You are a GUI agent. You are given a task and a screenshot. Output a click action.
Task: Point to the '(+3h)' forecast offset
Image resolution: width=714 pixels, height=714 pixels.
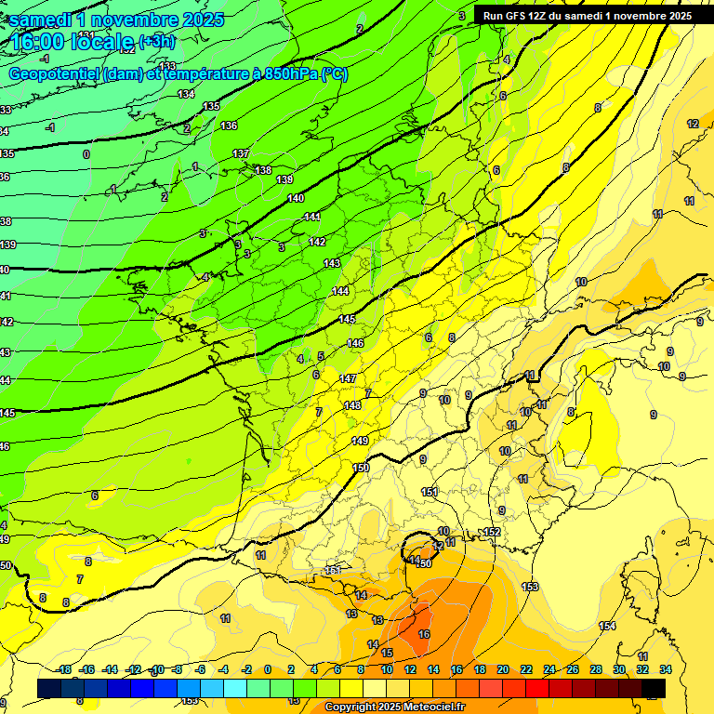click(156, 42)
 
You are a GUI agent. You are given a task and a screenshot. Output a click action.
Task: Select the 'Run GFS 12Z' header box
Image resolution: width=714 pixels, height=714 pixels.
click(586, 16)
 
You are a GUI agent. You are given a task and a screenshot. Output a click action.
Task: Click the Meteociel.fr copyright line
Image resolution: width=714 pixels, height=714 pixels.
click(396, 707)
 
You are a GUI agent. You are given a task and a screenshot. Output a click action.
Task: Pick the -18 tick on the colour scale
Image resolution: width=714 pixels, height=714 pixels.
click(63, 669)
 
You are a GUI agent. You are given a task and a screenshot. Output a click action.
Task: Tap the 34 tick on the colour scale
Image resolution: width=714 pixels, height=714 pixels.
click(665, 669)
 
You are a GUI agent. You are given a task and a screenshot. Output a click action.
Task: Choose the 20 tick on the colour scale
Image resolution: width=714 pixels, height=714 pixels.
click(502, 669)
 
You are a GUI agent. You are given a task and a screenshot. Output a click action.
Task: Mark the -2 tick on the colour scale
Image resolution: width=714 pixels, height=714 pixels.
click(246, 669)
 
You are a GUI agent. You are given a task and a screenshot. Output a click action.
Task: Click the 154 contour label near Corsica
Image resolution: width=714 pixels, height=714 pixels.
click(607, 626)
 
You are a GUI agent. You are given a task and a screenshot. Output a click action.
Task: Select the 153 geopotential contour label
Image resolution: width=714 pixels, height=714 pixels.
click(530, 587)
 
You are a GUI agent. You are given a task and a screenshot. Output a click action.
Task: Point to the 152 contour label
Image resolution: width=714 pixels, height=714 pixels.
click(492, 532)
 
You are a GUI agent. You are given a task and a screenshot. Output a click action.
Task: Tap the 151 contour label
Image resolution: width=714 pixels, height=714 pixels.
click(430, 492)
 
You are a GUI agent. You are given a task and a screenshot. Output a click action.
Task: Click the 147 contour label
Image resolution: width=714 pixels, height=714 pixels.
click(349, 378)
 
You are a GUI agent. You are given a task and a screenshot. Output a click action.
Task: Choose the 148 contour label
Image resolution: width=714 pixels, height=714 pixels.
click(352, 405)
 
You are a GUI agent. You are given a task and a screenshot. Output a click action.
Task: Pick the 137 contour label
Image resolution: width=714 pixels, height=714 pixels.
click(241, 153)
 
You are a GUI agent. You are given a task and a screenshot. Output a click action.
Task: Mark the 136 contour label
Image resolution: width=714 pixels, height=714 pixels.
click(229, 126)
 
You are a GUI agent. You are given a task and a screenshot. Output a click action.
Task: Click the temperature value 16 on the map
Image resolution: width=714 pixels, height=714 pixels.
click(424, 634)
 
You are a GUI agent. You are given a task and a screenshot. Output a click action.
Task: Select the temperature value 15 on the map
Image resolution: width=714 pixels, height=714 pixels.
click(387, 653)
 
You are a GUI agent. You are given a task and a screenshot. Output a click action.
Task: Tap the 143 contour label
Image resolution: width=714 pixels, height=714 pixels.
click(332, 264)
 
